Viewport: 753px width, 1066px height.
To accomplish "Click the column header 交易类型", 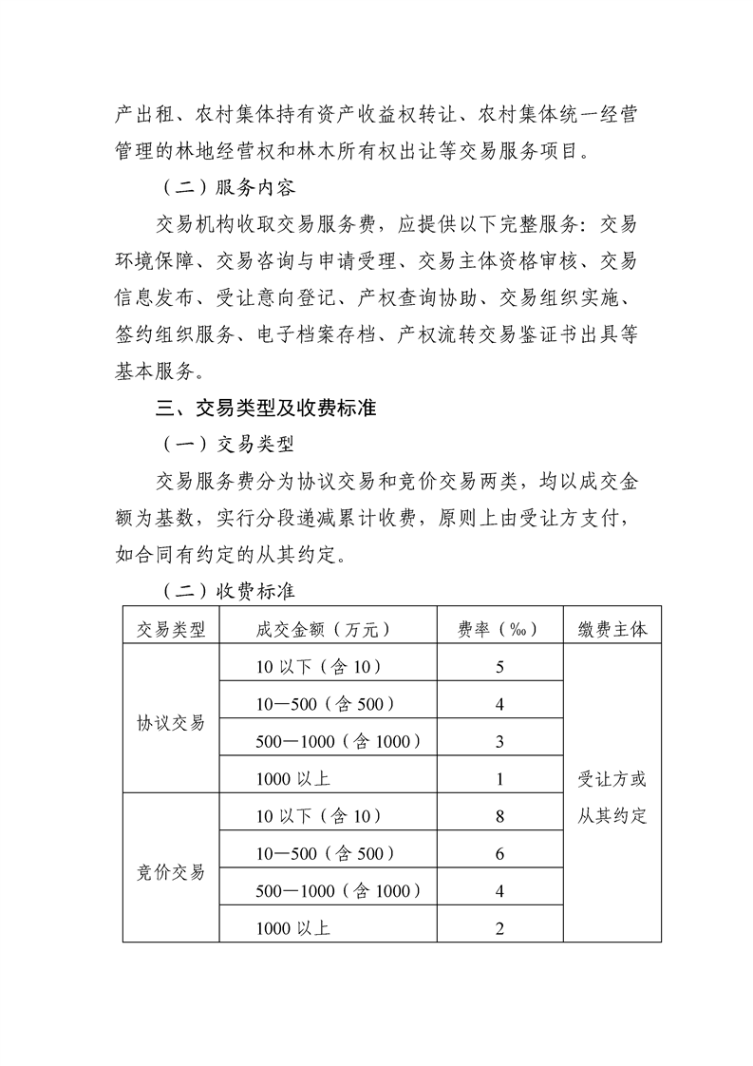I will click(x=171, y=629).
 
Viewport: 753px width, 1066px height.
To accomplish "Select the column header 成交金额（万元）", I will click(x=325, y=629).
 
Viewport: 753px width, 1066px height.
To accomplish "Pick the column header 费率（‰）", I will click(x=499, y=629).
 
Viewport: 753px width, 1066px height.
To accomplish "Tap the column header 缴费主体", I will click(x=612, y=629).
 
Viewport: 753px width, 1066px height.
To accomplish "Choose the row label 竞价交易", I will click(x=171, y=872).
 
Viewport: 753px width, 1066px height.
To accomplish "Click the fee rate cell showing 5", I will click(x=499, y=667).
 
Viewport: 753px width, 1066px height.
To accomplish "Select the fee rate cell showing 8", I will click(x=499, y=816).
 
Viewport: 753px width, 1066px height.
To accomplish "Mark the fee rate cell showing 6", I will click(x=499, y=854).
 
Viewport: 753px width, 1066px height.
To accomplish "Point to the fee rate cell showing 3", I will click(x=499, y=742).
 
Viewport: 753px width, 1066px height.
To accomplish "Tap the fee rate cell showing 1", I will click(x=499, y=779).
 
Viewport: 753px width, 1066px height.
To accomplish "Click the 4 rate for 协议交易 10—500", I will click(x=499, y=705).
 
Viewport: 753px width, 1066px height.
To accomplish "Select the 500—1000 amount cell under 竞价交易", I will click(x=339, y=891).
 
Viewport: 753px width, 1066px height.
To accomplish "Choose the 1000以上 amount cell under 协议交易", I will click(x=293, y=779).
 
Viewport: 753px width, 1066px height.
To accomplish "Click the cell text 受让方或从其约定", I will click(x=612, y=797).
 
